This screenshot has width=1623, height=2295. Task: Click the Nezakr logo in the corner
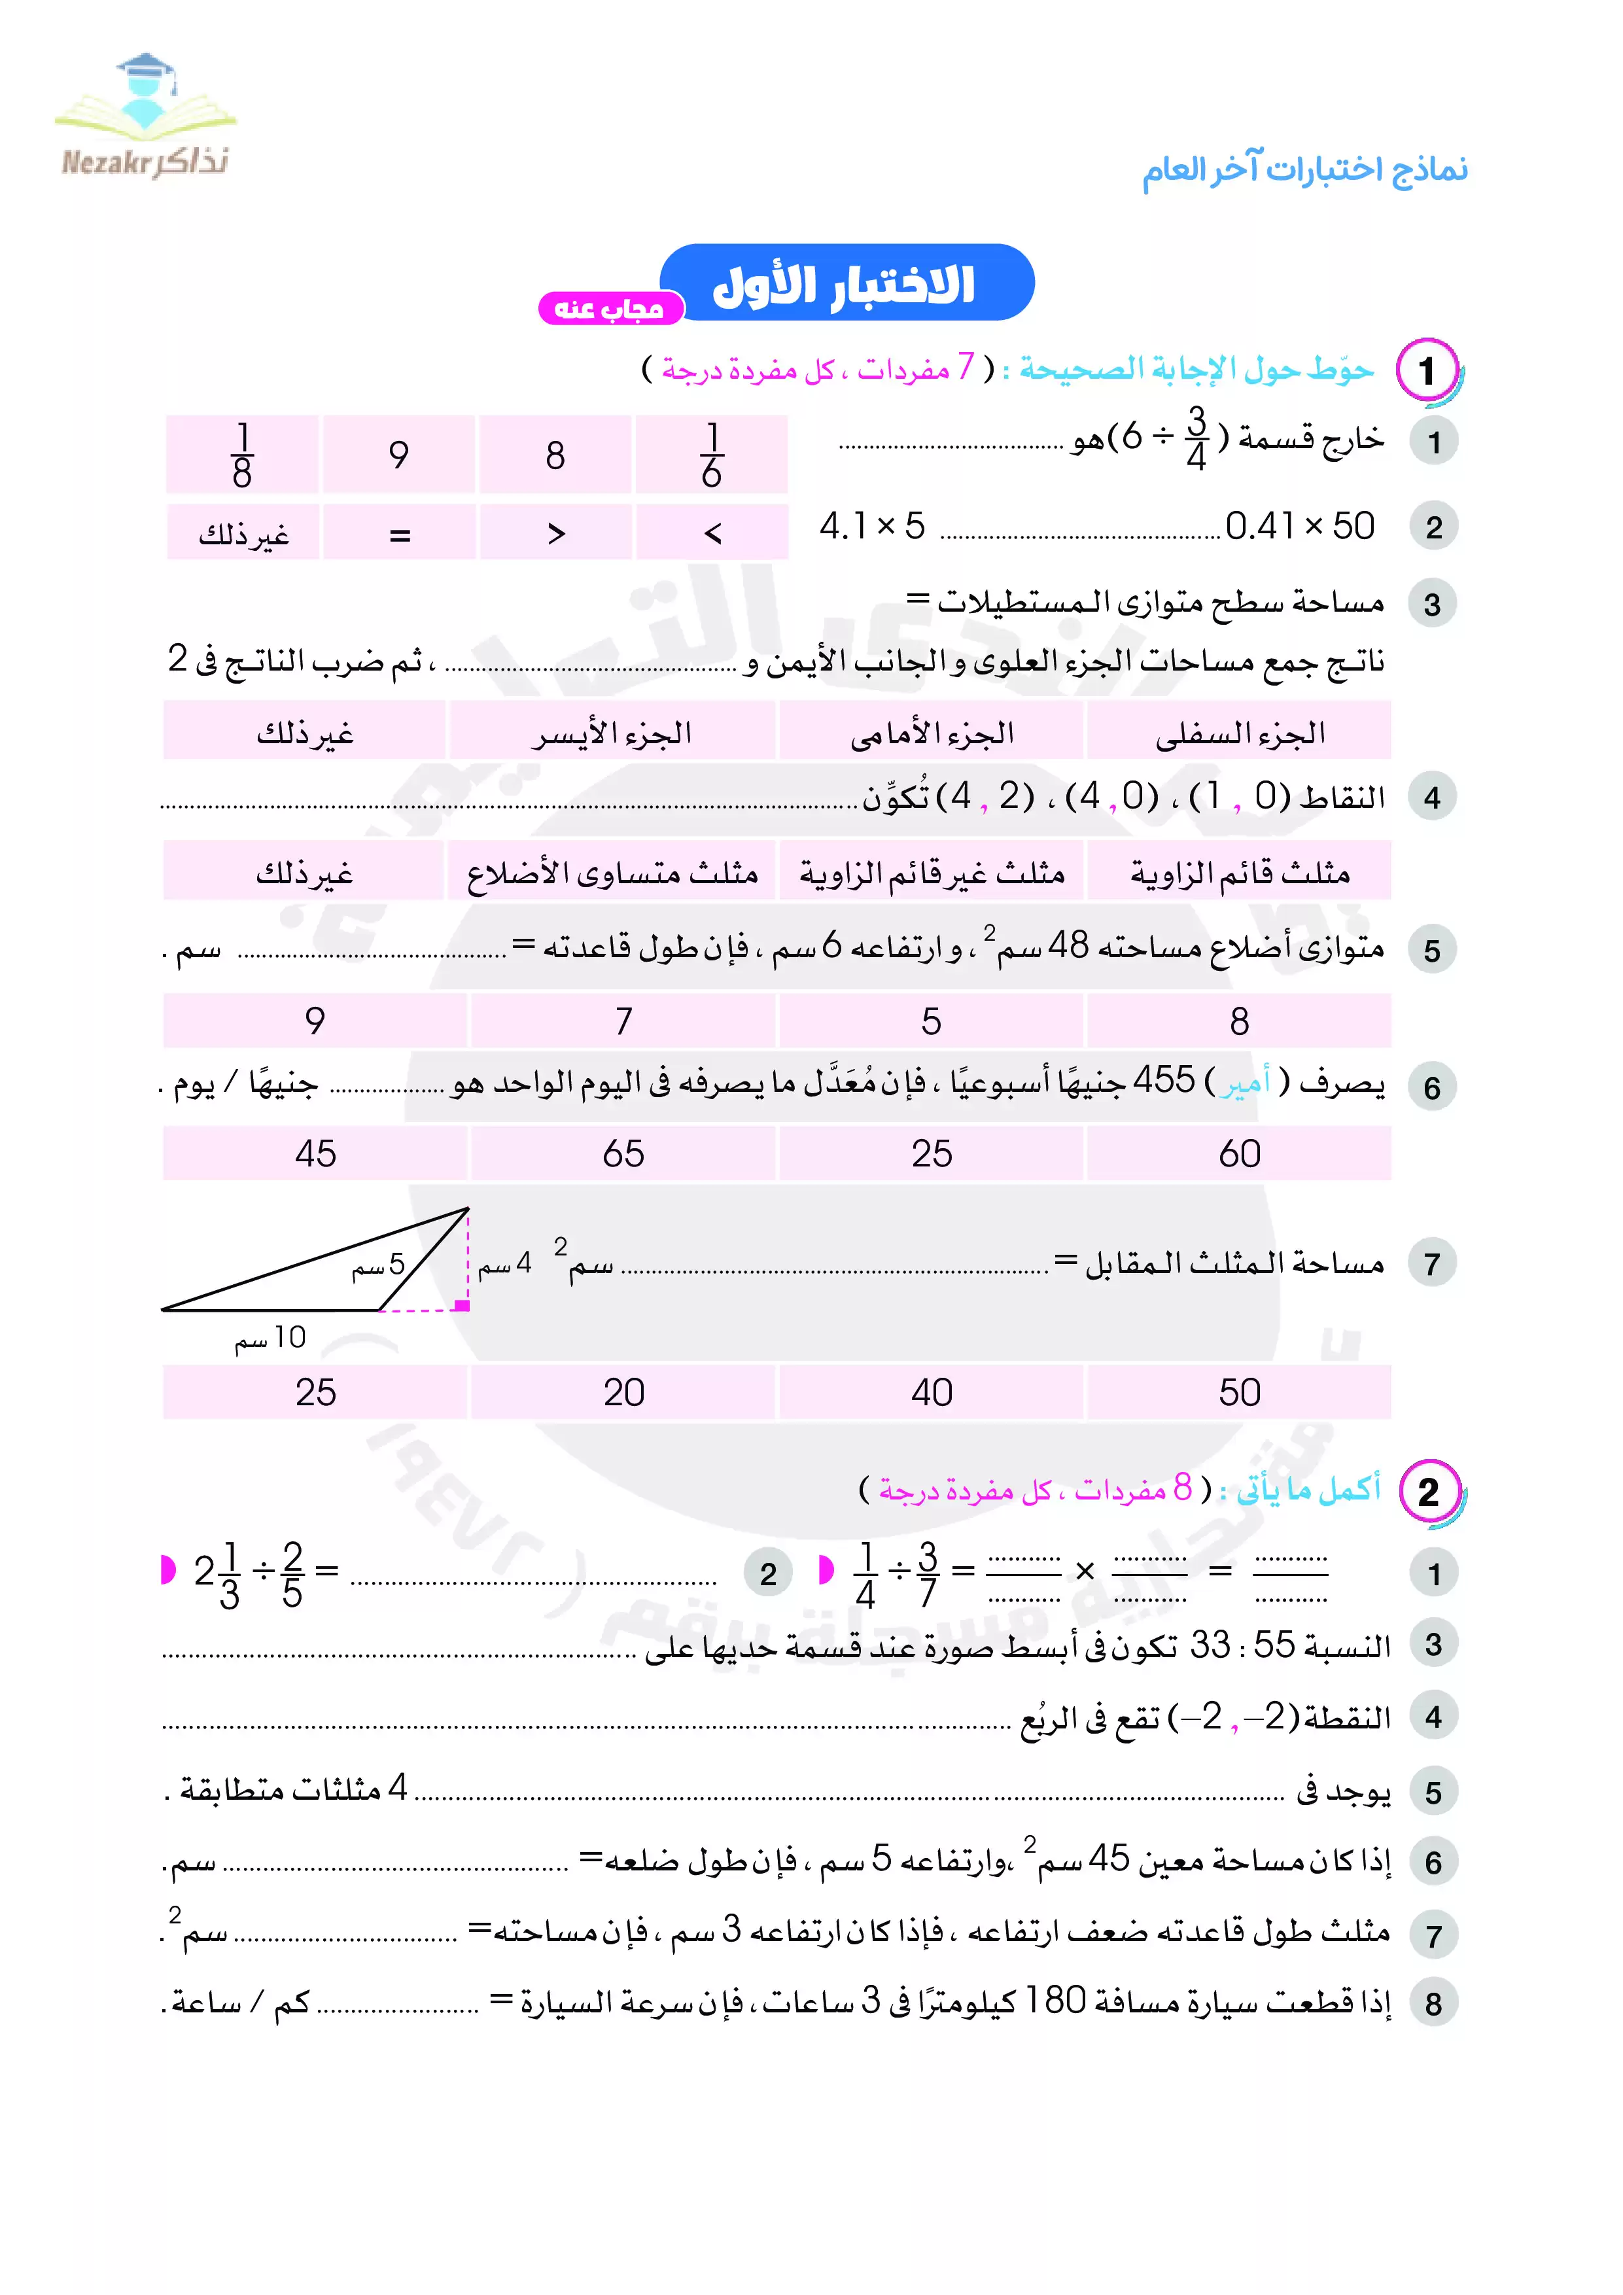145,118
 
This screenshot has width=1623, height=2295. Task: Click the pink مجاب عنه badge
610,309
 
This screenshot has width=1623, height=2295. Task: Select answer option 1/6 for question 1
712,455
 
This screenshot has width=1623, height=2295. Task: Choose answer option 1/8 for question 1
242,455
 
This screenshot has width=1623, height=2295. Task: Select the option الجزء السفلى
1239,733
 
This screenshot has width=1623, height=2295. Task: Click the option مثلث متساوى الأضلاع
612,873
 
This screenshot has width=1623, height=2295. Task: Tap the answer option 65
623,1153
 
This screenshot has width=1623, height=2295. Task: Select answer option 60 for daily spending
1239,1153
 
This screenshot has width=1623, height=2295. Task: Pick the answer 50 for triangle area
1239,1392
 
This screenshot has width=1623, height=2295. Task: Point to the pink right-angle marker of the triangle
462,1305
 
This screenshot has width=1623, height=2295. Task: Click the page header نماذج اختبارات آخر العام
1305,170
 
